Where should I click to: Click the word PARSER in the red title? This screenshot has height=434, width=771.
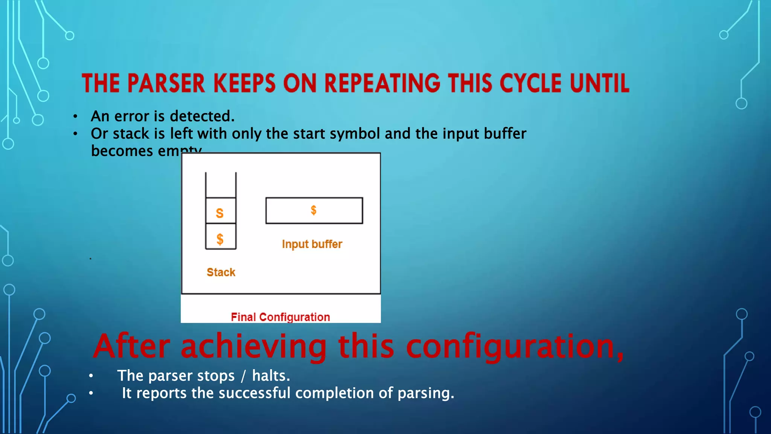166,83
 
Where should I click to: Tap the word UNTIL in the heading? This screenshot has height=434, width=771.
599,83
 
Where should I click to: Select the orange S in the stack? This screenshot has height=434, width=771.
220,213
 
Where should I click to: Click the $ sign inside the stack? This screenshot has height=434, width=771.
220,239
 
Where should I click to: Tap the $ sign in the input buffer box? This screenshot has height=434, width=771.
314,210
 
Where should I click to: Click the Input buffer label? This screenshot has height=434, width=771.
312,244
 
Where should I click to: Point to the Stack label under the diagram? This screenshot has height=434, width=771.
221,272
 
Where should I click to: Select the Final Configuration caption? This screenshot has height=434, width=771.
280,317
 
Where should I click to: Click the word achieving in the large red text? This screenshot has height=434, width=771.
254,347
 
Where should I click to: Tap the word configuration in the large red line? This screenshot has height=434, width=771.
514,347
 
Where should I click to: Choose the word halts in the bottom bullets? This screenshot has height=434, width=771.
271,376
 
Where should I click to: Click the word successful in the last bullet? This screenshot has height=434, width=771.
254,393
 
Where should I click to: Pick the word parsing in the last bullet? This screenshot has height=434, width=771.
425,393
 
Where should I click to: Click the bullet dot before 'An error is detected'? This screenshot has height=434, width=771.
76,117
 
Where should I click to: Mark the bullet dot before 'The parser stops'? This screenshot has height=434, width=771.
91,376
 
